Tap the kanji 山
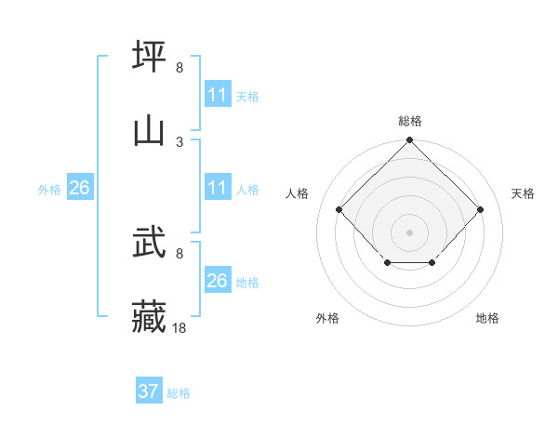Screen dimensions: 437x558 [x=150, y=129]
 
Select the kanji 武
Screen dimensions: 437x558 [x=150, y=245]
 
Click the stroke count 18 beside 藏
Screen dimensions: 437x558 [x=179, y=328]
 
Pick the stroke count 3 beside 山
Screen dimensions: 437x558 [x=179, y=141]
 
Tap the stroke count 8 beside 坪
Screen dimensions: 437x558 [x=179, y=68]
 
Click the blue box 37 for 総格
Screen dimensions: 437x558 [x=149, y=391]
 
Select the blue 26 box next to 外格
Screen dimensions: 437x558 [x=79, y=188]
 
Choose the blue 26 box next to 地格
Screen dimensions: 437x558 [x=218, y=281]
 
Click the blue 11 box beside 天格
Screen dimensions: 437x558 [x=218, y=95]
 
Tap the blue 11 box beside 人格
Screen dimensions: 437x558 [x=218, y=188]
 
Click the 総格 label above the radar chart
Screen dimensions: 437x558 [x=410, y=121]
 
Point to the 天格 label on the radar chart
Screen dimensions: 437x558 [x=523, y=193]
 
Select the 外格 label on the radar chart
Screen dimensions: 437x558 [x=327, y=318]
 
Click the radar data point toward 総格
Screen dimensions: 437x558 [x=409, y=141]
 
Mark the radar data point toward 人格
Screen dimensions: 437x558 [x=339, y=209]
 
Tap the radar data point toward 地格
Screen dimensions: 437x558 [x=432, y=264]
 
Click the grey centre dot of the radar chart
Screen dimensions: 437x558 [x=409, y=232]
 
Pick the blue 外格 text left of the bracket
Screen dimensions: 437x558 [x=49, y=190]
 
